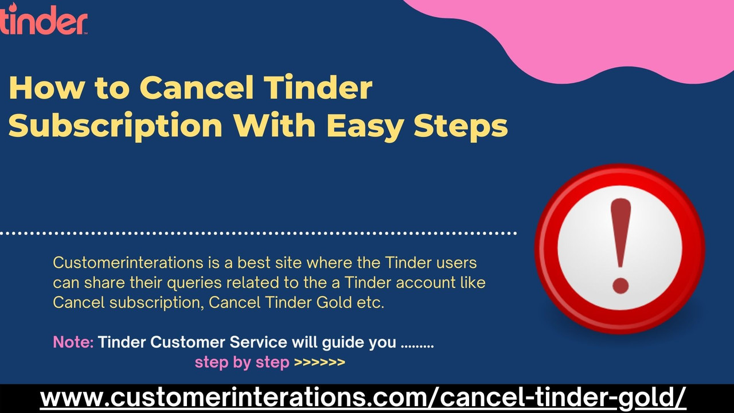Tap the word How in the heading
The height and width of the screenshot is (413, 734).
point(38,88)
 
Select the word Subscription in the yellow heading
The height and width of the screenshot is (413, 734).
point(115,126)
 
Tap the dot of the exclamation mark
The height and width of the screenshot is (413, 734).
point(620,285)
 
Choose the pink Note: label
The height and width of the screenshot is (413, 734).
point(73,342)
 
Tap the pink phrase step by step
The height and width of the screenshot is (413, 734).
point(241,363)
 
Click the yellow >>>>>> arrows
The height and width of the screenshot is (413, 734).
point(319,363)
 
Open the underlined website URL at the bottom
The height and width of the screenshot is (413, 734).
point(363,397)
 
